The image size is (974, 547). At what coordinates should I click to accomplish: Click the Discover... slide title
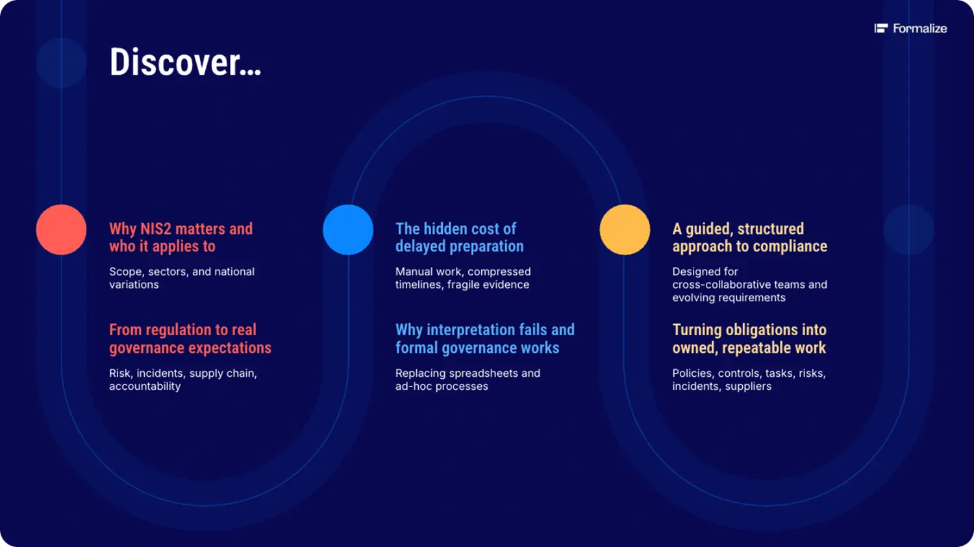coord(185,62)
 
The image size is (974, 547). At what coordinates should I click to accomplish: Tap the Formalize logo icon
coord(881,29)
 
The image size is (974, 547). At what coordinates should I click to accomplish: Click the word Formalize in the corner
coord(919,29)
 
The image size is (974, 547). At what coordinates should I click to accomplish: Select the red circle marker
coord(61,229)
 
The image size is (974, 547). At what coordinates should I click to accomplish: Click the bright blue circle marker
coord(348,229)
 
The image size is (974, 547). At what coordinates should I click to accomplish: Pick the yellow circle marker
coord(625,229)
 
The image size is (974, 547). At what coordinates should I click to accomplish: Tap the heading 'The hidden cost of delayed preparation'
coord(460,238)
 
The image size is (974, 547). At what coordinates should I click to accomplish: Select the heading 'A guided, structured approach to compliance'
coord(749,238)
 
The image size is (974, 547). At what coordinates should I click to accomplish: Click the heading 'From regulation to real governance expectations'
coord(190,338)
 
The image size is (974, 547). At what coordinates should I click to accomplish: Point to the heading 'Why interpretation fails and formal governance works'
coord(485,338)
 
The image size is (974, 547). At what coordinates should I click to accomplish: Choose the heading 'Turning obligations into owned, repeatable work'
coord(749,338)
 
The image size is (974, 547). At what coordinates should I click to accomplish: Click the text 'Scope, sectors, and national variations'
coord(182,278)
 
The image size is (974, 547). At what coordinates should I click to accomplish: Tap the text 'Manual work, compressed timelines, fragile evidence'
coord(462,278)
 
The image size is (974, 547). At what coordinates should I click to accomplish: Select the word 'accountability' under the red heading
coord(145,387)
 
